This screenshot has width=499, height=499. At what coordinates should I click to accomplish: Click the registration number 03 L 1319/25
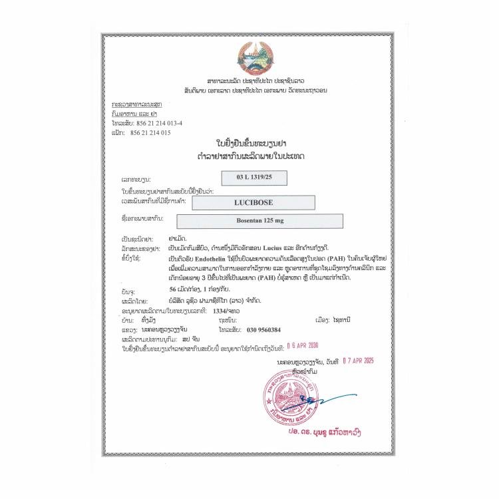(x=250, y=178)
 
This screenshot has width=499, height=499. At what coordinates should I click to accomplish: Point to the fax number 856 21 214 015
(x=153, y=132)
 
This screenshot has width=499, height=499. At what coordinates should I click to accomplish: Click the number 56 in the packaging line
(x=175, y=290)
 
